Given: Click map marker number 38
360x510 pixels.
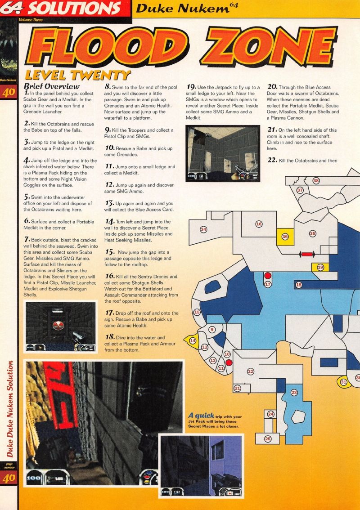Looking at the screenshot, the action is (x=316, y=180).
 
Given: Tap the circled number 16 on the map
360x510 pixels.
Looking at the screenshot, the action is (x=259, y=224).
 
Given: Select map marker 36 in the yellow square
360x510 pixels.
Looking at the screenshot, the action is (x=285, y=237).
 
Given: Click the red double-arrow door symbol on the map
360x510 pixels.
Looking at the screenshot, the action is (x=306, y=255).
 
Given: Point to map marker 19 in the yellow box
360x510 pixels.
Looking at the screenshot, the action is (x=320, y=267).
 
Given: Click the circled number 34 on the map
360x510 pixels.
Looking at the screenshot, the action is (x=203, y=229).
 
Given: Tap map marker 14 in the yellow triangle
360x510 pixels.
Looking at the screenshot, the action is (x=193, y=340).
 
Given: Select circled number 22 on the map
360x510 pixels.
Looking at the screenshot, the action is (x=250, y=371).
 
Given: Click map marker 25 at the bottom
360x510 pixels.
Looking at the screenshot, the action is (x=268, y=439).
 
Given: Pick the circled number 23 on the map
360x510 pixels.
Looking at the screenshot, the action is (x=294, y=393).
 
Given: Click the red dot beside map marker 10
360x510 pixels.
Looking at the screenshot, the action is (x=229, y=362).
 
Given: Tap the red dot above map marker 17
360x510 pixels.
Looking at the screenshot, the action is (x=268, y=276).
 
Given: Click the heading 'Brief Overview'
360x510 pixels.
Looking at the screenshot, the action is (x=52, y=86).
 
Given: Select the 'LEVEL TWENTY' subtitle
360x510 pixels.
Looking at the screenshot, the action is (x=78, y=76).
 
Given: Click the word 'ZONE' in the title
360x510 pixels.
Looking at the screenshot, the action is (x=269, y=46).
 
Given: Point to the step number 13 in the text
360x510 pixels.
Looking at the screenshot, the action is (x=109, y=203).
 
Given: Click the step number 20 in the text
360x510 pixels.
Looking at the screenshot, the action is (x=272, y=87).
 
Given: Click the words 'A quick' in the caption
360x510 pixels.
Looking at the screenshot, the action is (x=201, y=416).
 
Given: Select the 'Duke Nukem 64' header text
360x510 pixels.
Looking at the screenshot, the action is (x=187, y=8).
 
